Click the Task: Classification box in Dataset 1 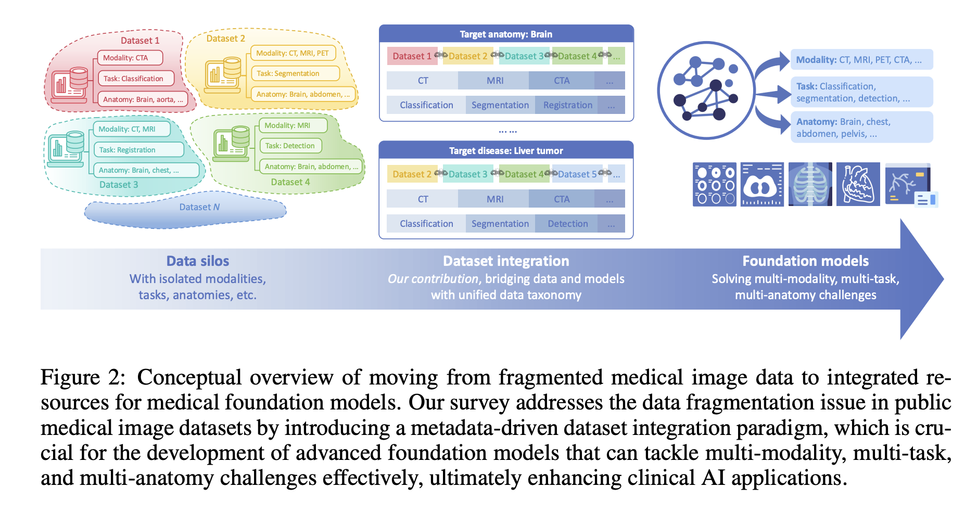click(136, 79)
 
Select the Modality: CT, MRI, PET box click(293, 53)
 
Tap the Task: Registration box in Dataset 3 click(138, 150)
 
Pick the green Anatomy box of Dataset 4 click(311, 166)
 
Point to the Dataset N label click(199, 207)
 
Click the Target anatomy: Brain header click(506, 34)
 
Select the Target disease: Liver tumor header click(506, 151)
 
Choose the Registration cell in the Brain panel click(567, 105)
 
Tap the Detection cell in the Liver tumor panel click(567, 224)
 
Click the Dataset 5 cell click(577, 174)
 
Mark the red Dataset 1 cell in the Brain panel click(411, 56)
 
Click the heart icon click(858, 184)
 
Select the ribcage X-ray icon click(810, 184)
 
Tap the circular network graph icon click(706, 90)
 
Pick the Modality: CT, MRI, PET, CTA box click(861, 60)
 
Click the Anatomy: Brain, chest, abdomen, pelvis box click(861, 127)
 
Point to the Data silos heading click(198, 261)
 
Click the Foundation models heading click(805, 261)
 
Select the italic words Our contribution click(433, 279)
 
